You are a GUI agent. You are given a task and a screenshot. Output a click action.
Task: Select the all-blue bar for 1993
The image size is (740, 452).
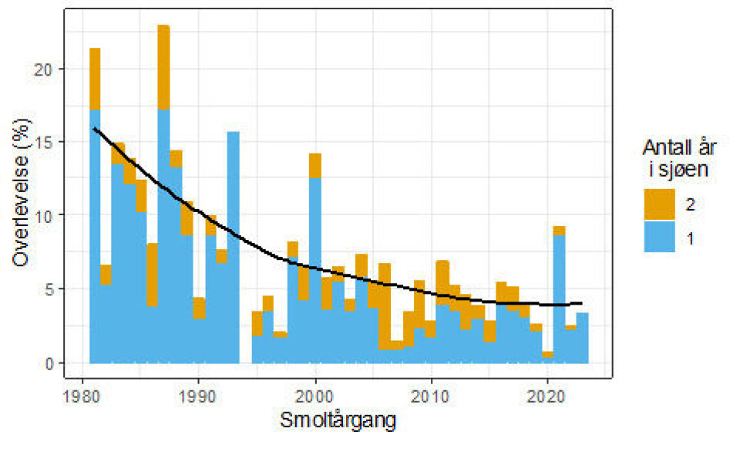(x=233, y=247)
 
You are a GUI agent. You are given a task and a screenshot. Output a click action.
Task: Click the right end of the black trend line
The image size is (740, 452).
(x=580, y=303)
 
